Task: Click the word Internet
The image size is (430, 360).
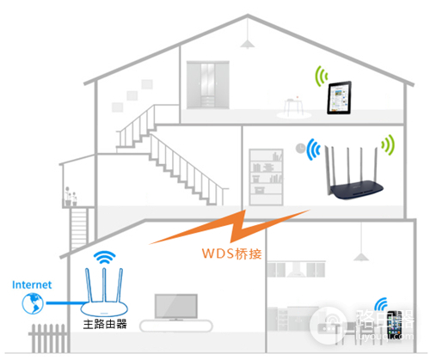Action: pos(33,284)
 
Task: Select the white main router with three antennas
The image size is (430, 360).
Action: pos(104,296)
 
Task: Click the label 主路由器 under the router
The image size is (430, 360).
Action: pos(103,326)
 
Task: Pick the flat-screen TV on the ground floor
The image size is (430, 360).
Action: pos(176,307)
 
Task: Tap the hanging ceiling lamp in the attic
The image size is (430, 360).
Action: pos(248,42)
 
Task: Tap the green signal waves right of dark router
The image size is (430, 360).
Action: pos(390,146)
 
